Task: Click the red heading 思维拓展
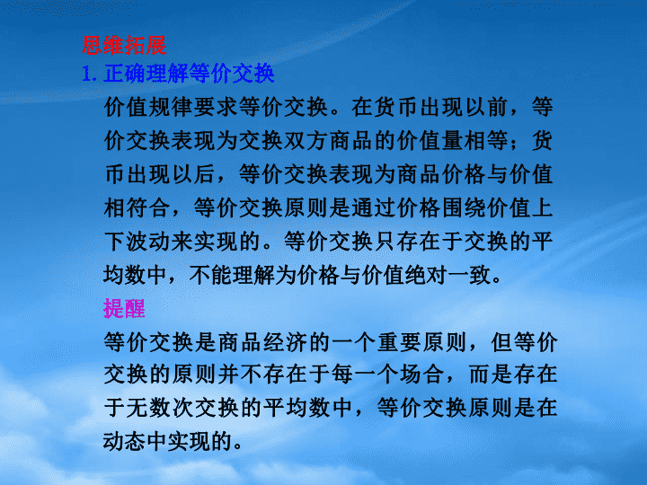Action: click(124, 46)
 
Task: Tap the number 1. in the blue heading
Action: click(89, 75)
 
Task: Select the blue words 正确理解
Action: click(146, 74)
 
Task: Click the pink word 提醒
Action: click(124, 308)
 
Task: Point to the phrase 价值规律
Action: click(148, 107)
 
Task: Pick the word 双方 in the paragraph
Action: click(306, 141)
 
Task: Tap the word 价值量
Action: click(430, 141)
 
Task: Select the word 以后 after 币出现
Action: click(193, 174)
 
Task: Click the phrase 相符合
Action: click(137, 207)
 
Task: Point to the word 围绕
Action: click(464, 207)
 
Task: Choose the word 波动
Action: click(148, 242)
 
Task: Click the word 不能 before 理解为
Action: click(210, 275)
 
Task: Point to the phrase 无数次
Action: click(160, 409)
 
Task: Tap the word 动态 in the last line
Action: click(126, 442)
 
